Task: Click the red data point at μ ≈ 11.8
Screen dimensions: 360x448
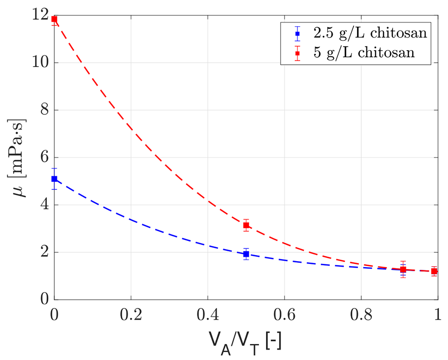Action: pyautogui.click(x=54, y=19)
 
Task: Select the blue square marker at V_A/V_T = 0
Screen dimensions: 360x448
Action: pyautogui.click(x=54, y=179)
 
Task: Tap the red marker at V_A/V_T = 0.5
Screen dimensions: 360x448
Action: pyautogui.click(x=246, y=225)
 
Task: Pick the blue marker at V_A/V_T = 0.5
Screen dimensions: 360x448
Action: pyautogui.click(x=246, y=254)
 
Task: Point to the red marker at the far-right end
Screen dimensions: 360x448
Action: pyautogui.click(x=434, y=271)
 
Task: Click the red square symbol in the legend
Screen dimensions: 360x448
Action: pyautogui.click(x=297, y=52)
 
